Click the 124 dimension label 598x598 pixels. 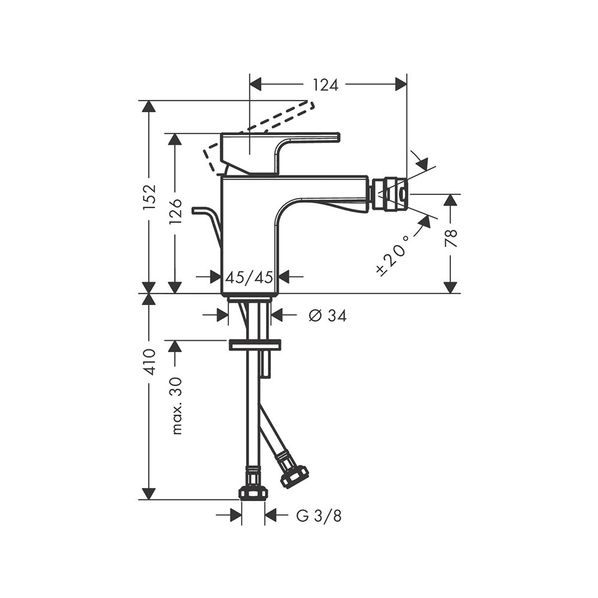[x=326, y=85]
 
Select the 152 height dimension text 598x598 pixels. [x=149, y=196]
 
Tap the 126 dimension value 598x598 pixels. [x=175, y=212]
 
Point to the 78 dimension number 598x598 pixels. [x=451, y=239]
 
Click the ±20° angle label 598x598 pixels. [x=393, y=254]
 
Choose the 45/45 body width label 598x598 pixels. [x=249, y=277]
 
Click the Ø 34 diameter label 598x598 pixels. [x=328, y=315]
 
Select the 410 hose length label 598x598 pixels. [x=149, y=362]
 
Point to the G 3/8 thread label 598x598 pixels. [x=319, y=516]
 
